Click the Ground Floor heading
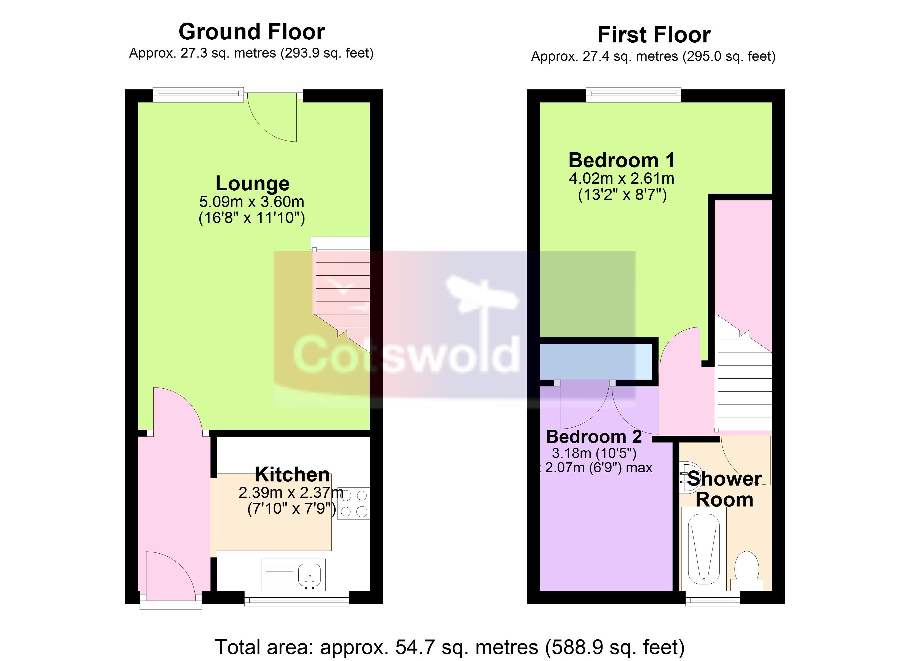[251, 32]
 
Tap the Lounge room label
[252, 184]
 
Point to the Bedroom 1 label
[622, 160]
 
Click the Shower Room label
[725, 489]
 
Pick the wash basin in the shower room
[690, 478]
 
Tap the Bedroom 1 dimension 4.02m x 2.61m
[622, 178]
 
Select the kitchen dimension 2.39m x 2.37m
[291, 492]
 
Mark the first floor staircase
[743, 373]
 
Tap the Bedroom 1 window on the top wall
[633, 94]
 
